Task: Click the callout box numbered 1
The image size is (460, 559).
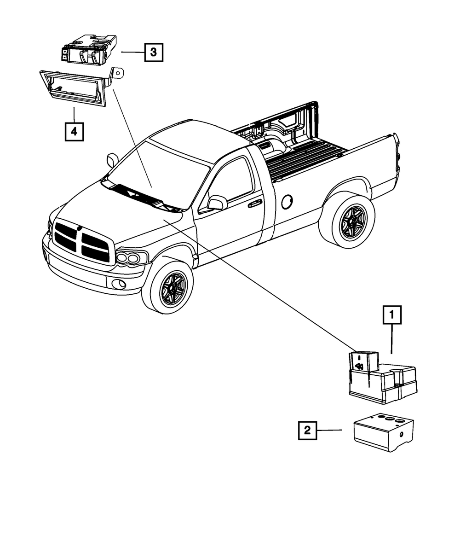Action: (x=391, y=315)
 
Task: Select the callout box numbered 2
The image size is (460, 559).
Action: (x=307, y=431)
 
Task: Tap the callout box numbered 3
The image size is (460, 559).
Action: (x=153, y=52)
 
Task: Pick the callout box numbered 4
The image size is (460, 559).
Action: (x=74, y=132)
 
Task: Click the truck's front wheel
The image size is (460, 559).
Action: (x=167, y=287)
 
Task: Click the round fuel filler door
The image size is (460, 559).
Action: (x=287, y=200)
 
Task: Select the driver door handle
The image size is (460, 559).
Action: (x=254, y=204)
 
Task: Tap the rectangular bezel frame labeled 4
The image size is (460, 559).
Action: (x=76, y=87)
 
